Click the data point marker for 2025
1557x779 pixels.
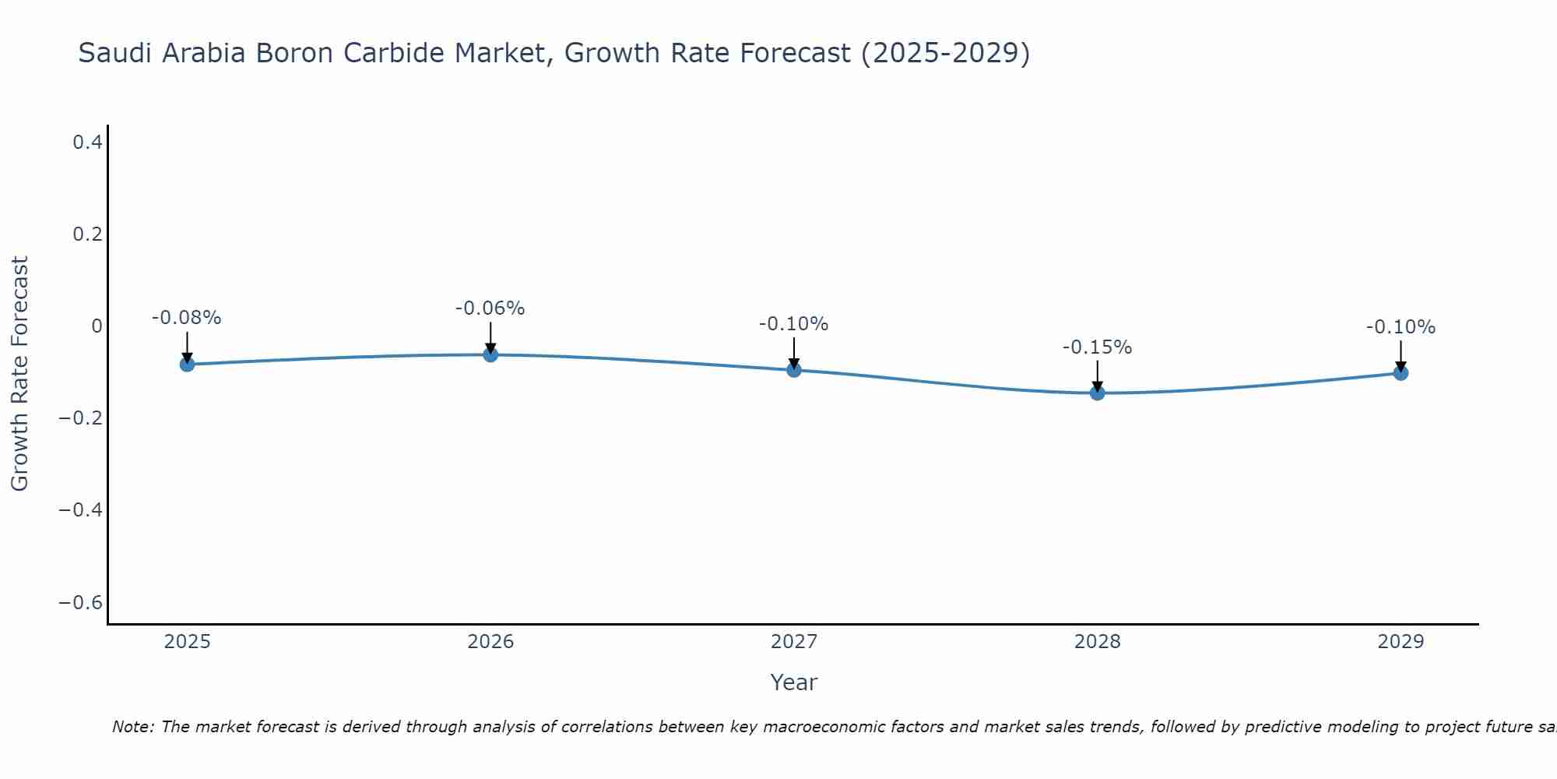(187, 364)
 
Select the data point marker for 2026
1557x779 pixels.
(490, 354)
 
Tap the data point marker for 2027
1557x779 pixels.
(794, 370)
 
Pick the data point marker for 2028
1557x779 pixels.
(1098, 393)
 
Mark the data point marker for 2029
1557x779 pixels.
(1401, 372)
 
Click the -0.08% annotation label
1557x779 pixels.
(186, 318)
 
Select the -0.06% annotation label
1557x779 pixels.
(490, 308)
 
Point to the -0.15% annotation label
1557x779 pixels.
(1097, 347)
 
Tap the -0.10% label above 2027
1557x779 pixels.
(793, 324)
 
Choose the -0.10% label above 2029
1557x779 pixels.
(1401, 327)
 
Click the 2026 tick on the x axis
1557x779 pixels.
(490, 642)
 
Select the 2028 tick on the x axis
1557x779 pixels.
(1098, 642)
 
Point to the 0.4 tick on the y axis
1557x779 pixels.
(87, 142)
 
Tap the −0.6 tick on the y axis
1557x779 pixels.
(81, 603)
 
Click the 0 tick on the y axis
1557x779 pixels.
(97, 326)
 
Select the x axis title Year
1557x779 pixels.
(793, 682)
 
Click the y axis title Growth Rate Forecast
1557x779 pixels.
(19, 373)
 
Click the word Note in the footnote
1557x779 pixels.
(132, 727)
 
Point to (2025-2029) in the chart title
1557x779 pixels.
(945, 53)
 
